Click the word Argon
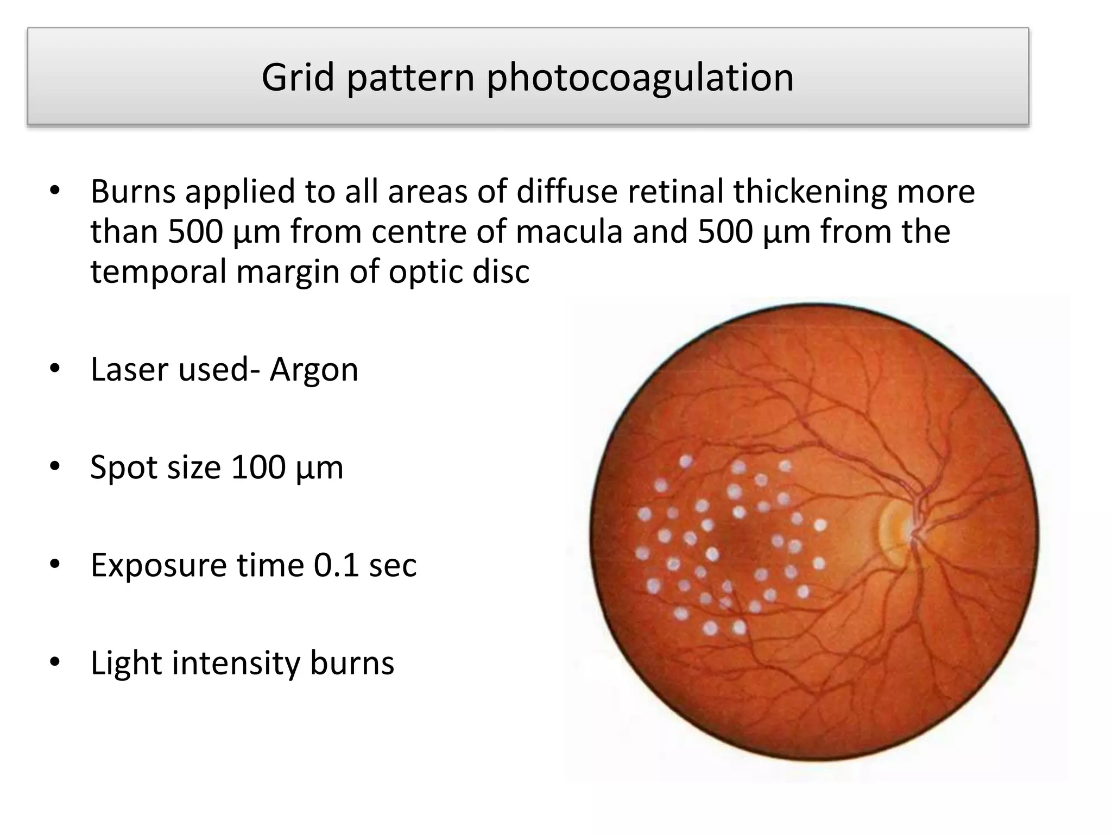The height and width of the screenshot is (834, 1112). tap(314, 370)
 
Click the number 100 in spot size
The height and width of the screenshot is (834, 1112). tap(258, 467)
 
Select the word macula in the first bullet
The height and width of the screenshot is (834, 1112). tap(568, 232)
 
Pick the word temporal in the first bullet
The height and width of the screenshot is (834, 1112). tap(158, 273)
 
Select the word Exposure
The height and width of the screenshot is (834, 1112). tap(158, 566)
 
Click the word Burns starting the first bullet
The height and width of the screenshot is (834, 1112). tap(133, 192)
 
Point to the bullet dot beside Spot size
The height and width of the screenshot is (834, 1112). tap(54, 467)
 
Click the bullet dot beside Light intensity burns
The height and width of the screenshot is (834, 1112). tap(54, 662)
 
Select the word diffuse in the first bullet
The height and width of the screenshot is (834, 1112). tap(567, 192)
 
